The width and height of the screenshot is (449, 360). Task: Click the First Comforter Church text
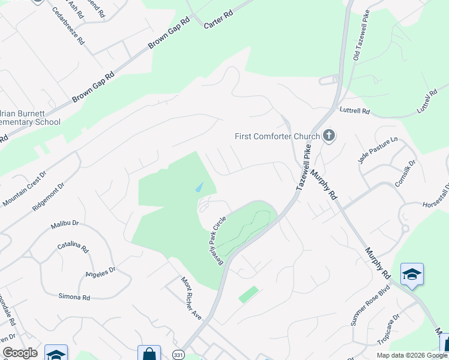(277, 136)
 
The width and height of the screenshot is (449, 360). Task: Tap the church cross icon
(328, 136)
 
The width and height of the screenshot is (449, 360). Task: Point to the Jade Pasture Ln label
(378, 150)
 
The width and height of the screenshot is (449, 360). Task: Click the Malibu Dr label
(65, 223)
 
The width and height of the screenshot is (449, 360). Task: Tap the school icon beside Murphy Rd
(412, 274)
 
